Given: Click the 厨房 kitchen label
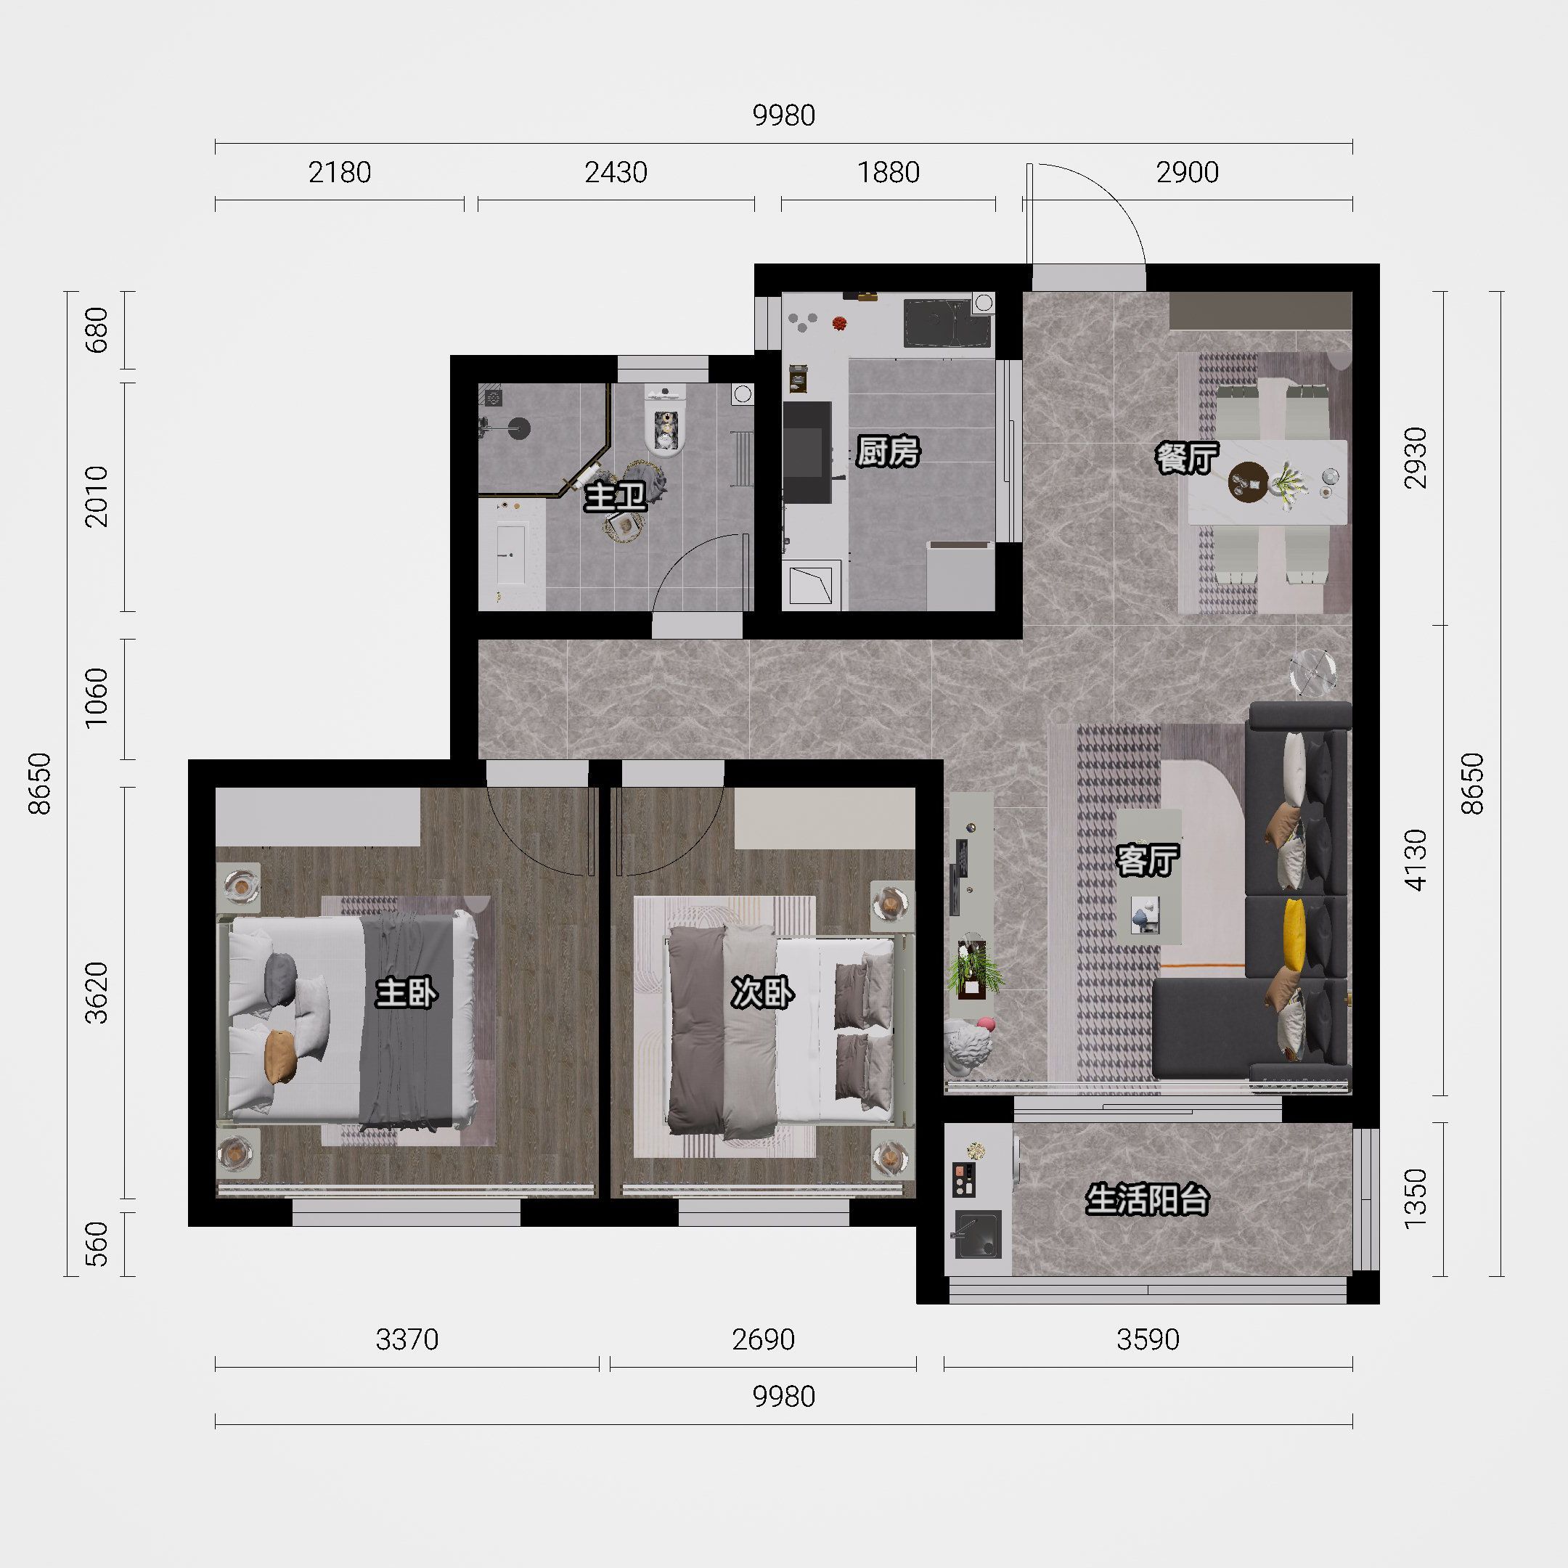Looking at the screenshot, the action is (x=889, y=452).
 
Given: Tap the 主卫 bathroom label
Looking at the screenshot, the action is (x=616, y=497).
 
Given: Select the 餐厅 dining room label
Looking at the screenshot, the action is (x=1188, y=458).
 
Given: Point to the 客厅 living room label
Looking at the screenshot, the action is (x=1148, y=860).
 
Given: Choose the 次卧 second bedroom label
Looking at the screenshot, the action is (x=763, y=992).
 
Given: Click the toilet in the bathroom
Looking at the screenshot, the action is (x=666, y=420).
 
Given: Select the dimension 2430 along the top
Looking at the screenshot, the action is (x=616, y=172).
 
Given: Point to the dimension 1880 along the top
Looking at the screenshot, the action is (x=889, y=172).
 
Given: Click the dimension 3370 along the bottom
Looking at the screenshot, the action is (x=407, y=1339).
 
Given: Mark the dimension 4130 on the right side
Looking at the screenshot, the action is (x=1416, y=859).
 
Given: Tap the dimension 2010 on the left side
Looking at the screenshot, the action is (x=97, y=496).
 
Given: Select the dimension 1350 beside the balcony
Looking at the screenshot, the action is (x=1416, y=1198).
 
